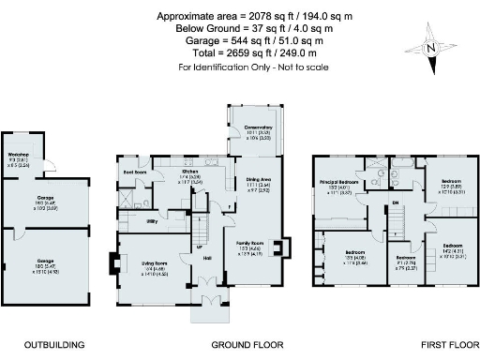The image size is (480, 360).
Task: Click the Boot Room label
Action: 136,172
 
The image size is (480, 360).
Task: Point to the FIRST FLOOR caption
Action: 396,344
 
